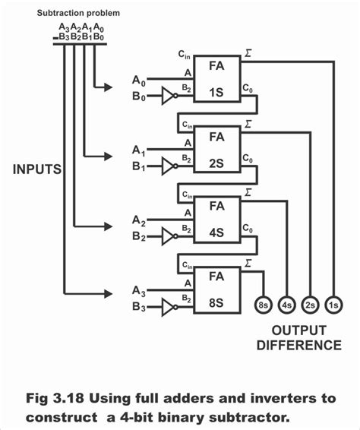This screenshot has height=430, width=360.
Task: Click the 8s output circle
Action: click(263, 306)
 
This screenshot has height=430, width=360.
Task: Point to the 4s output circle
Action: click(286, 306)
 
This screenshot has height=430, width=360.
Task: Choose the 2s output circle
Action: click(309, 306)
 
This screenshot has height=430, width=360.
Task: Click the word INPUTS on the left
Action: click(36, 169)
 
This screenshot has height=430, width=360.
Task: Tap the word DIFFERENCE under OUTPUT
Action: click(298, 346)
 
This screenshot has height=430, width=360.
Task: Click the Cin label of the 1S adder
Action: click(185, 55)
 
